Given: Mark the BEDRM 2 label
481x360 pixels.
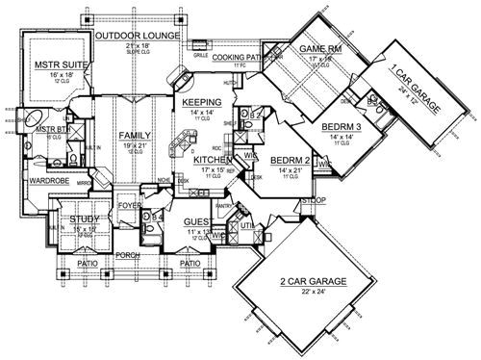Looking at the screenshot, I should [288, 160].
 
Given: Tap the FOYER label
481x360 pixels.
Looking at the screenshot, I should [130, 204].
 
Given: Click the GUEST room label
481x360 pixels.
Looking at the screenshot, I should [196, 222].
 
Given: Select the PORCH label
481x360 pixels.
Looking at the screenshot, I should [128, 256].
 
